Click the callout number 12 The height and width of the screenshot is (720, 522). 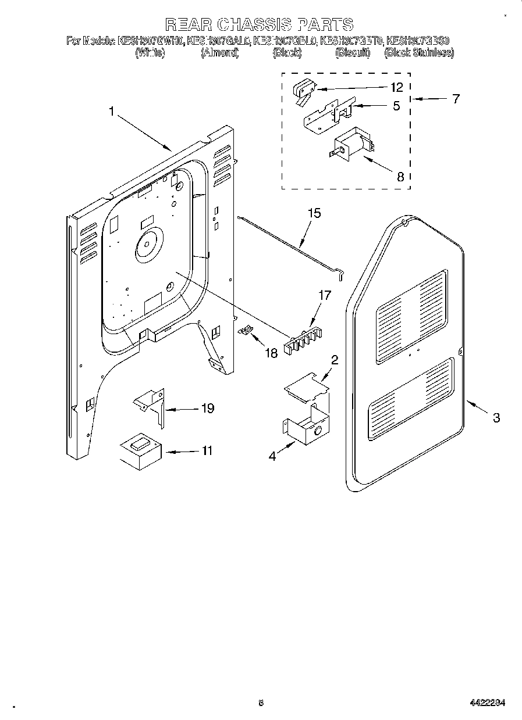(x=396, y=87)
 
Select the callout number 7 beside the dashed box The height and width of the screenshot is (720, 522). (x=455, y=99)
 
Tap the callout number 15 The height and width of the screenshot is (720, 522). (x=314, y=213)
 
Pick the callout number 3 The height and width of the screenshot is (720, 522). (x=496, y=417)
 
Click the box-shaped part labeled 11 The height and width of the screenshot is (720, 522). (x=140, y=451)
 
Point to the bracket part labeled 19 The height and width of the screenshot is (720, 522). (x=150, y=405)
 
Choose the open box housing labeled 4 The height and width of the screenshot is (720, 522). (x=305, y=429)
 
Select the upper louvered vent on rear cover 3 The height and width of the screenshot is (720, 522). (x=411, y=317)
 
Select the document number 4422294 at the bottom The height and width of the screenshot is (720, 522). (x=487, y=703)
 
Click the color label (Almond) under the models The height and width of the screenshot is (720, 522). (x=220, y=53)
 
